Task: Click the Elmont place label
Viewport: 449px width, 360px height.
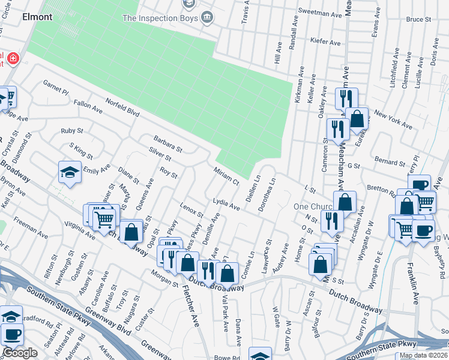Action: pos(37,17)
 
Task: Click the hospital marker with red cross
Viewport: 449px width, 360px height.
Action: pos(13,58)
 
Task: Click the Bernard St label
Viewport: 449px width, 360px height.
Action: pos(390,163)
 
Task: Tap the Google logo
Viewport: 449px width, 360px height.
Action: pos(20,353)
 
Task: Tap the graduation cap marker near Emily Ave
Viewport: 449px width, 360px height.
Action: pos(70,173)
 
